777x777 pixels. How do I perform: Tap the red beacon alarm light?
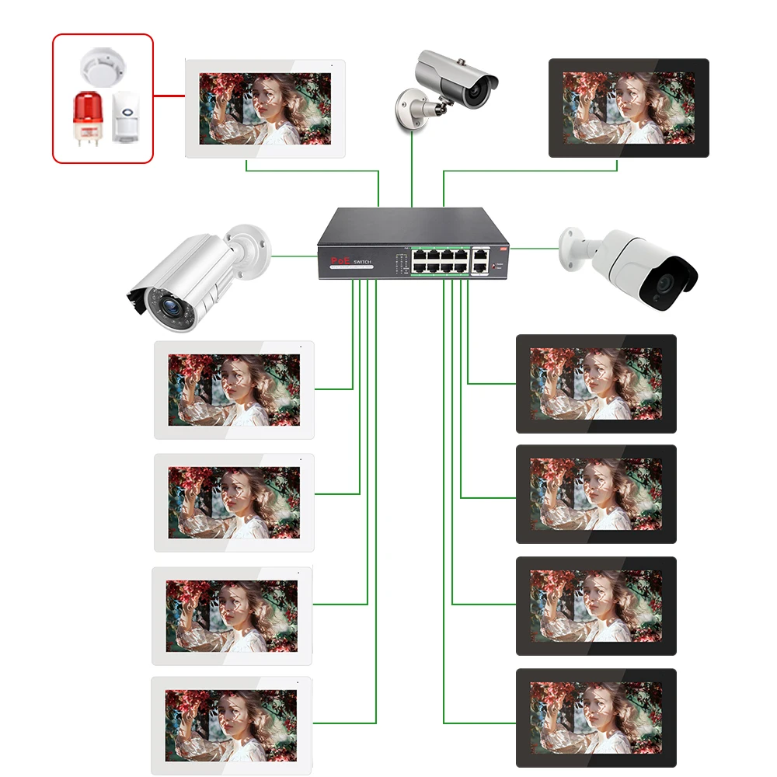click(86, 118)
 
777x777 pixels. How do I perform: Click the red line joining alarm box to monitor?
click(169, 97)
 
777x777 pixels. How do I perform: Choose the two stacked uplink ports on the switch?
click(482, 260)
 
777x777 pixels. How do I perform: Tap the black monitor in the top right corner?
click(629, 108)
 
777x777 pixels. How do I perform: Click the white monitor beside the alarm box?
click(265, 108)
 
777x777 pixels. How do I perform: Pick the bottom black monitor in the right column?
click(596, 718)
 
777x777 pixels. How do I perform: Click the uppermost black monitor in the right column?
click(596, 383)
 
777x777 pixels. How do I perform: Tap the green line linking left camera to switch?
click(294, 254)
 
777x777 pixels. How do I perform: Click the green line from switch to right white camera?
click(535, 249)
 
